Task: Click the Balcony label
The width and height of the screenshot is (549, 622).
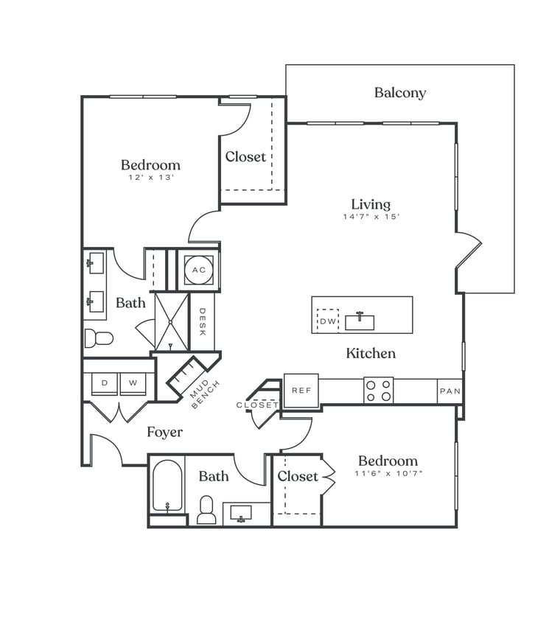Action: [x=399, y=93]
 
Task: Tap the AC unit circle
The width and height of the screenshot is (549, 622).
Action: [x=199, y=270]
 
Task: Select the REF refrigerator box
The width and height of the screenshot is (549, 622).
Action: [x=301, y=391]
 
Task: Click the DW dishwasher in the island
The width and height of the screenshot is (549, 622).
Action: [x=328, y=321]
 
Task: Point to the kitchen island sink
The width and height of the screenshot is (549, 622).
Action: [x=360, y=322]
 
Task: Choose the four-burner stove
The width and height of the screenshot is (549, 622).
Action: [x=378, y=390]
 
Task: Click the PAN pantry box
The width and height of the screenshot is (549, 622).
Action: [x=449, y=391]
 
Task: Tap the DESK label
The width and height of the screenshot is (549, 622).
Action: [x=203, y=321]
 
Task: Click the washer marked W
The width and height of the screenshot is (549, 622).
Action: [x=133, y=383]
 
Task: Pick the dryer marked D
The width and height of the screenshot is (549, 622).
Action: [x=105, y=383]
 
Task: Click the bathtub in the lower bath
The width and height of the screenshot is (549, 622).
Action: [x=167, y=486]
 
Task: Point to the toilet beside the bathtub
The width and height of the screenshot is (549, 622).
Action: [x=207, y=509]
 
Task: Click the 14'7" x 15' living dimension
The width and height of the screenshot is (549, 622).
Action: [x=371, y=217]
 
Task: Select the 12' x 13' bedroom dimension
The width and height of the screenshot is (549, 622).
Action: [x=150, y=178]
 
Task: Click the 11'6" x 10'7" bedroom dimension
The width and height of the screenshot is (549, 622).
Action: [x=388, y=473]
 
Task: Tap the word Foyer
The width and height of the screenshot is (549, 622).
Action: [x=164, y=432]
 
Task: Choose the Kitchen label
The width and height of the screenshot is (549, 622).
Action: [x=371, y=354]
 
